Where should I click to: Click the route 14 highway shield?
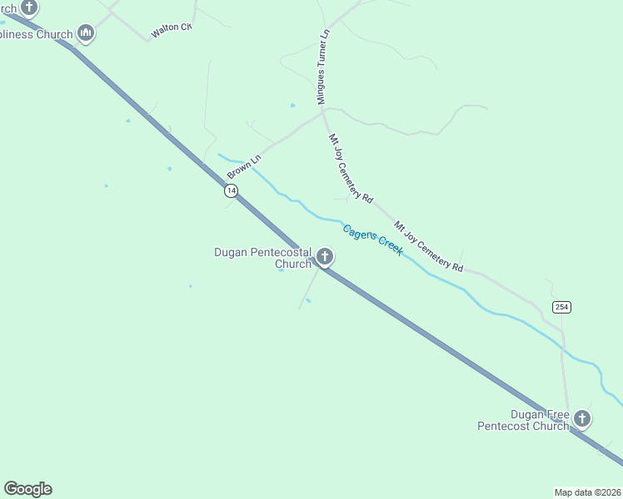(231, 190)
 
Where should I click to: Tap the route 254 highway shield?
(561, 307)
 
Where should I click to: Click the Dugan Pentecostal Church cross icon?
(324, 257)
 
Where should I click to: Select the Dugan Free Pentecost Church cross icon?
(581, 419)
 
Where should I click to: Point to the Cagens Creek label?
(373, 239)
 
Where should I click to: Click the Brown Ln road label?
(244, 166)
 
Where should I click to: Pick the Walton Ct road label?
(171, 32)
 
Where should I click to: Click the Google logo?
(28, 489)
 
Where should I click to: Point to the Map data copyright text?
(588, 492)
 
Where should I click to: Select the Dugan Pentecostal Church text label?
(262, 258)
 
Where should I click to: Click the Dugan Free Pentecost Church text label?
(523, 420)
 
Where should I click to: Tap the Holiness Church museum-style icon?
(85, 33)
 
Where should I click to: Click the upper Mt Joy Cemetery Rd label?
(350, 169)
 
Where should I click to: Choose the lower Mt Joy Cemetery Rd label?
(429, 246)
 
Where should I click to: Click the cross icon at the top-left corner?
(29, 8)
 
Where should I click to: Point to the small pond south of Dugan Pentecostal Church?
(308, 301)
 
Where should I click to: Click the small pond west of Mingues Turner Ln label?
(292, 106)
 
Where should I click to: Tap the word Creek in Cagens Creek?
(388, 245)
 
